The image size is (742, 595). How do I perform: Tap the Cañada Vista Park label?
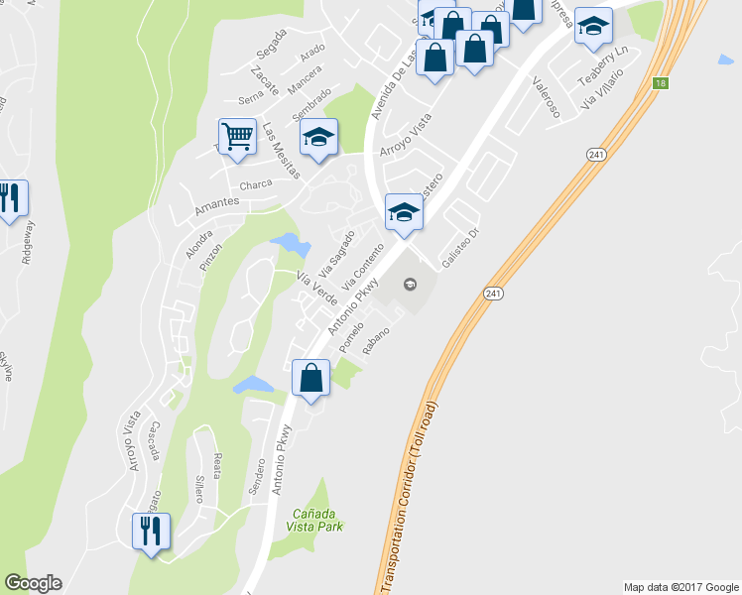(x=318, y=520)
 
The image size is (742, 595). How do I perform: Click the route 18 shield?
(x=661, y=84)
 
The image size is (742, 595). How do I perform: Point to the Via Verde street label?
(x=317, y=287)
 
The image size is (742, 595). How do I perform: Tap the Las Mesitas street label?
(x=281, y=150)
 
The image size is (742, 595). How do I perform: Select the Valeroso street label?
(x=546, y=97)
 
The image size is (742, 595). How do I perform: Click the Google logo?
(x=33, y=583)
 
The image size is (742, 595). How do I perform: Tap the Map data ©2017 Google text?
(x=680, y=587)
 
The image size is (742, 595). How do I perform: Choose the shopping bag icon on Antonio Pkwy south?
(x=311, y=378)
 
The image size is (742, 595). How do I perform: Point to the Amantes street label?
(x=217, y=201)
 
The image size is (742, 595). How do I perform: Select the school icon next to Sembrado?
(x=318, y=137)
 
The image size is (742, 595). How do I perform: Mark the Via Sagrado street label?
(x=337, y=254)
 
